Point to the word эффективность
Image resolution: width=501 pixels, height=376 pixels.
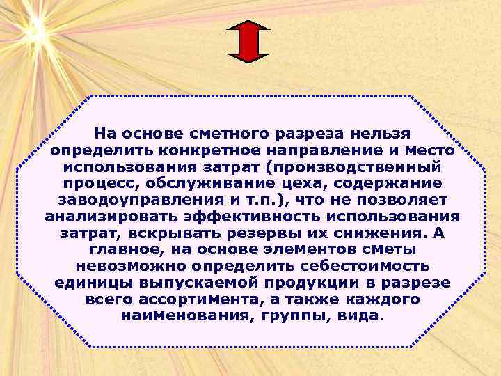click(x=257, y=217)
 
